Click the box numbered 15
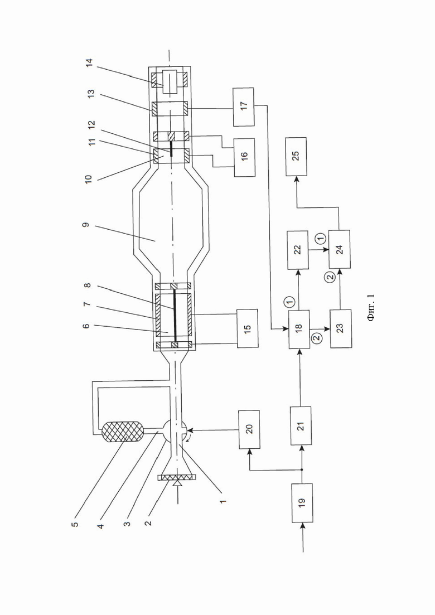pos(247,328)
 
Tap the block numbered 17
pos(243,107)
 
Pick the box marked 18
pos(298,329)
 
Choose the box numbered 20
pos(249,430)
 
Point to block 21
pos(301,425)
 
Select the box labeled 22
pos(298,250)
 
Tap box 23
pos(340,328)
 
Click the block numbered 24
pos(340,249)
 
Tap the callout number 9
pos(86,225)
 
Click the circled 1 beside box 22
pos(320,238)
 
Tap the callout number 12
pos(91,125)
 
